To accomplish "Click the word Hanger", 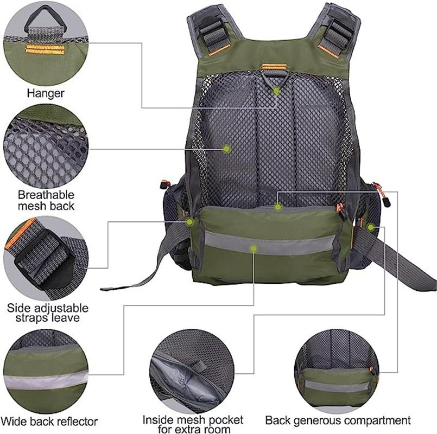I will click(x=46, y=93).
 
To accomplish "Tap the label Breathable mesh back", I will click(x=46, y=200).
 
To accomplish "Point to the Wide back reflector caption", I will click(x=49, y=421).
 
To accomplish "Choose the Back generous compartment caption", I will click(x=338, y=420).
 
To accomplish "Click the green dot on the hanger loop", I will click(x=276, y=91).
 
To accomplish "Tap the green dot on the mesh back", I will click(x=227, y=148).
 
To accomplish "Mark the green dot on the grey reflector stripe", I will click(x=253, y=248).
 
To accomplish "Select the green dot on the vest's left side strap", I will click(x=189, y=222).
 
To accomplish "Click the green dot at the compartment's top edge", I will click(x=277, y=206).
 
